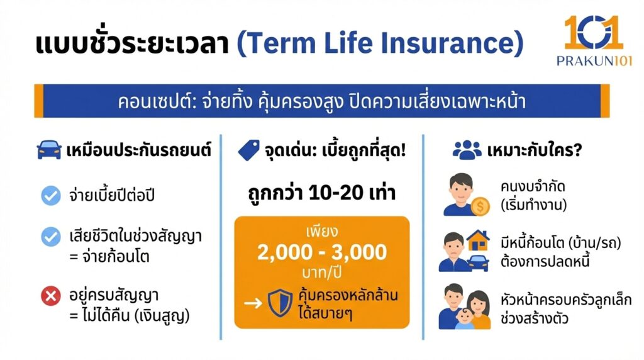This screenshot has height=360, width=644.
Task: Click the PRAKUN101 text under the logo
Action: click(x=593, y=60)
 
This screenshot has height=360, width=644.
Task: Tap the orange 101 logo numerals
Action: click(x=593, y=31)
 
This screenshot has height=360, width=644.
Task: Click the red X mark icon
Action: click(x=51, y=295)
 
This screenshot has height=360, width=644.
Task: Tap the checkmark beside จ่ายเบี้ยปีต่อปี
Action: click(x=51, y=196)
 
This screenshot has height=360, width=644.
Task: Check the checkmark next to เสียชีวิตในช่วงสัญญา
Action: click(x=51, y=237)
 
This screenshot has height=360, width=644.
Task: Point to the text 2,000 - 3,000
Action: click(x=321, y=252)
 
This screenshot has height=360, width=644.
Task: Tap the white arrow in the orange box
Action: click(x=253, y=303)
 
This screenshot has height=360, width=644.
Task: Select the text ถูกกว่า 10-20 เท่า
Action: click(x=321, y=193)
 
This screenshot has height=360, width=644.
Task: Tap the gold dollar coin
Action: click(x=481, y=205)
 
